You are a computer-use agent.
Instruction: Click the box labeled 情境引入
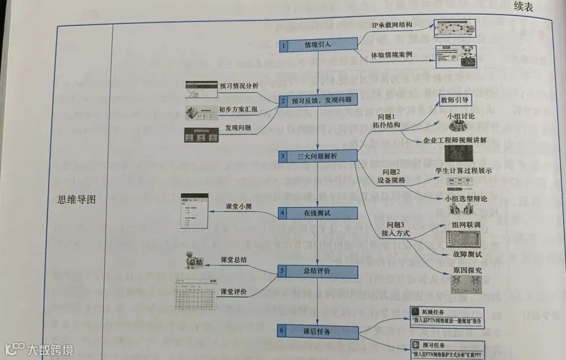point(318,46)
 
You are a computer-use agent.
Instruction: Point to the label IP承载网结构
point(392,25)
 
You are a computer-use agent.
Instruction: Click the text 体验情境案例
point(392,55)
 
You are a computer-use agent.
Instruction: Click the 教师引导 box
point(454,100)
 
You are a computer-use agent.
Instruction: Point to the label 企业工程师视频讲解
point(455,140)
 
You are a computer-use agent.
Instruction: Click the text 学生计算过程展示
point(463,170)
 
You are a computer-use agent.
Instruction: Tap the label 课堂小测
point(238,206)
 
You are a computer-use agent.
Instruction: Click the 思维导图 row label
point(77,200)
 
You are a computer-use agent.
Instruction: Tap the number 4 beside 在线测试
point(282,214)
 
